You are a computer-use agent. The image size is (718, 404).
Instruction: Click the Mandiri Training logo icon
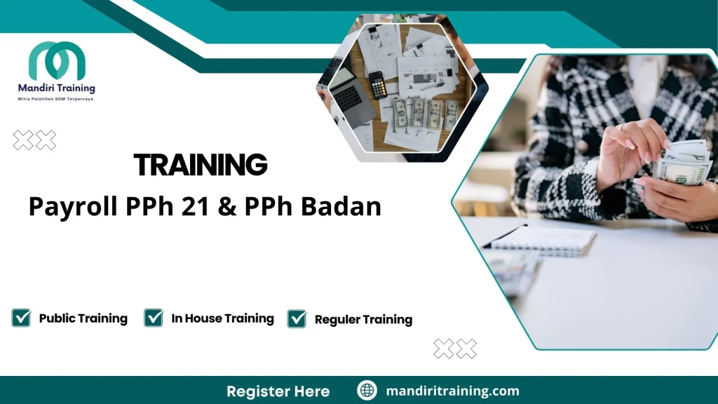57,61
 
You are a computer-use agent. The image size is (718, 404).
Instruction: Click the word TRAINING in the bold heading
201,165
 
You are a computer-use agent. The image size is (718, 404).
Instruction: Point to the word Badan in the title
346,207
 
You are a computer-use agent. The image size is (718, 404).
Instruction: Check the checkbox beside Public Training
21,318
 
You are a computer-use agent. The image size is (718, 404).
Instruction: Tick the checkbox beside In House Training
154,318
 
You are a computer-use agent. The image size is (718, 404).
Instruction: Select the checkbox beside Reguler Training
297,319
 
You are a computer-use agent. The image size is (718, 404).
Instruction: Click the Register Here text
278,391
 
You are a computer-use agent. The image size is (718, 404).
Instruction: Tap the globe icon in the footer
367,391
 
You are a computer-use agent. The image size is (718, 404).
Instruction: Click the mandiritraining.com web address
452,391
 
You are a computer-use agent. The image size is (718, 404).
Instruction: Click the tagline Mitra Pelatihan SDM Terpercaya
55,99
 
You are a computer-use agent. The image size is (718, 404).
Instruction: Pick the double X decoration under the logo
34,140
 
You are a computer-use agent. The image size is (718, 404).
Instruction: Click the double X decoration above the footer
455,349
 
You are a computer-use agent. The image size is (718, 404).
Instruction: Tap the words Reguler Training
363,320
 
